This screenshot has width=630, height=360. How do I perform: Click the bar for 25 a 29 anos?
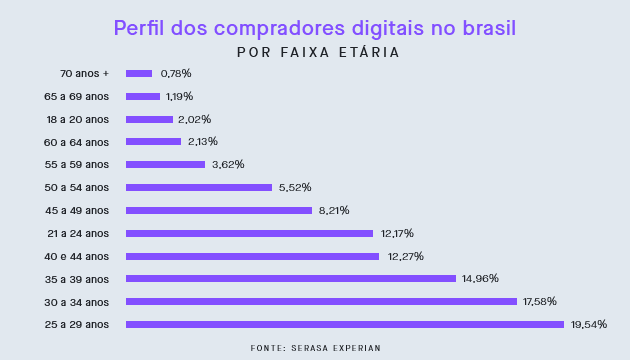pos(345,324)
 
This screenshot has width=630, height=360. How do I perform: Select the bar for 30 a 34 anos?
pos(321,301)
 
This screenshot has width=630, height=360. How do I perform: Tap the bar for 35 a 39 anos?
pos(290,278)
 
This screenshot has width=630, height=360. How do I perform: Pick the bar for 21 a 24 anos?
pos(249,233)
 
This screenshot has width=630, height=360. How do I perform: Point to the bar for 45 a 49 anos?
pos(218,210)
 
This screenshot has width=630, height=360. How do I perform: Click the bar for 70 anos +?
pos(139,73)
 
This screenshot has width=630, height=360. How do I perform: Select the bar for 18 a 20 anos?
pos(149,119)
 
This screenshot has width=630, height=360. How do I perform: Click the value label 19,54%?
pos(589,324)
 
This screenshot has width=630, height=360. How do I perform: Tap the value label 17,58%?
pos(540,301)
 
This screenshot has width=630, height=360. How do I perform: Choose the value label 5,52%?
pos(295,187)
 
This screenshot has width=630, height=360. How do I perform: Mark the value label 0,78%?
pos(176,73)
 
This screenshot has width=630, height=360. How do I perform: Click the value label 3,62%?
pos(228,164)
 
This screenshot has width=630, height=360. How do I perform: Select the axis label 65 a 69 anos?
pos(77,96)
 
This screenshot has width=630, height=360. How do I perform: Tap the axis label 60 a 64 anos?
pos(77,142)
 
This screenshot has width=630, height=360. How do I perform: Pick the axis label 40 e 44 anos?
pos(77,256)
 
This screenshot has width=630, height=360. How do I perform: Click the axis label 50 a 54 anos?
pos(77,187)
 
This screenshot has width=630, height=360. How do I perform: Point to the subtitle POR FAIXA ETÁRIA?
pos(318,52)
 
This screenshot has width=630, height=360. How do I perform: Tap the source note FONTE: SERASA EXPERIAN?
pos(315,347)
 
